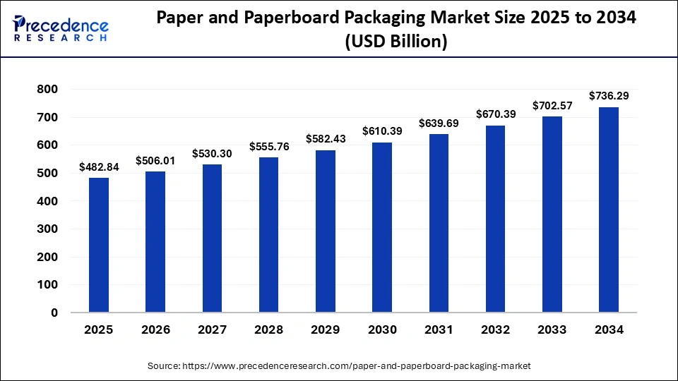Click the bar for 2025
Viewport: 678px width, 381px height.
(99, 245)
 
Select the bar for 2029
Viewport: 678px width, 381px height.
(326, 231)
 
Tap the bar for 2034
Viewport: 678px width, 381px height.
(609, 210)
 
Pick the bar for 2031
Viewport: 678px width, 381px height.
(439, 223)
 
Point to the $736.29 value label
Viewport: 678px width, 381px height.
(609, 95)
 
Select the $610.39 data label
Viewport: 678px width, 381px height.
(382, 131)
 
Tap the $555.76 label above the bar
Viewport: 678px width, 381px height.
(269, 146)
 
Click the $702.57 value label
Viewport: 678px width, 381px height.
(552, 105)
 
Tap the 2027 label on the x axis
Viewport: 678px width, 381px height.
(212, 329)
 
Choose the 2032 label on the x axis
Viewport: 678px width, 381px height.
(495, 329)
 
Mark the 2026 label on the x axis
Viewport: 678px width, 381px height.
(155, 329)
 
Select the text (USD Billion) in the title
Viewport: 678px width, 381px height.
(395, 42)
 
